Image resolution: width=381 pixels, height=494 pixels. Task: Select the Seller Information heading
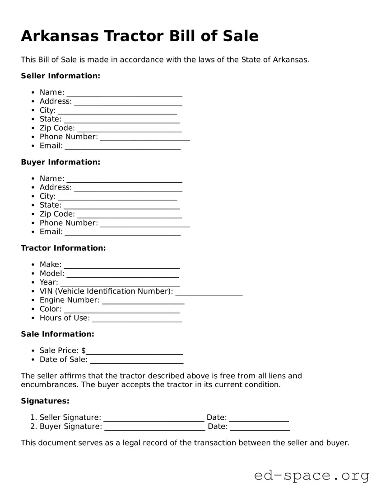[x=60, y=76]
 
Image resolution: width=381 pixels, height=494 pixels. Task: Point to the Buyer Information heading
[x=60, y=162]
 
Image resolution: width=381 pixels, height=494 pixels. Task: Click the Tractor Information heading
[x=63, y=248]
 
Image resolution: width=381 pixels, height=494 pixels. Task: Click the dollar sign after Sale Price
[x=84, y=351]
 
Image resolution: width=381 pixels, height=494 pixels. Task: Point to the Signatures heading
[x=45, y=401]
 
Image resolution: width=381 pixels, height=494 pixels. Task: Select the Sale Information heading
[x=57, y=334]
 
